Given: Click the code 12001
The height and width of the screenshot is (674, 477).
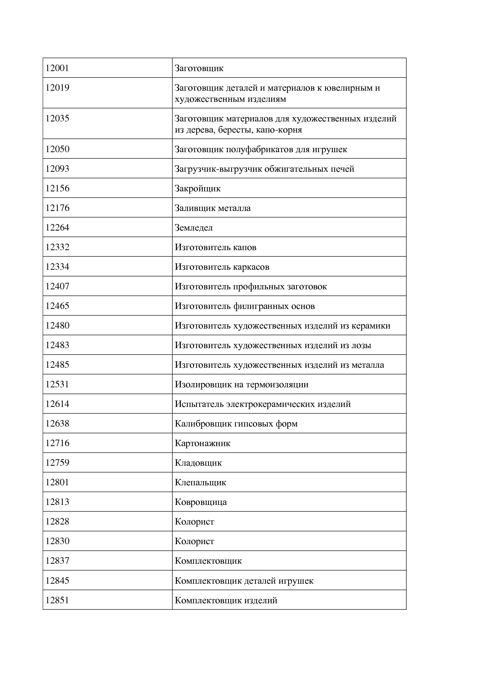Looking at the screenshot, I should coord(57,68).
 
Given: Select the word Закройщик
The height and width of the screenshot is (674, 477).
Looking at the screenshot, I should coord(197,189).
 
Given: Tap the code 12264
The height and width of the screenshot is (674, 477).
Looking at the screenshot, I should coord(57,228).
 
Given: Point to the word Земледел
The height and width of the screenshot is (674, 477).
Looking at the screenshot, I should coord(193,228).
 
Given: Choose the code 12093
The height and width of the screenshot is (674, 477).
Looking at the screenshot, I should coord(57,169).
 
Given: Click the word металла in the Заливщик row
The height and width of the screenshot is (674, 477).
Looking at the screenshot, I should coord(234,208).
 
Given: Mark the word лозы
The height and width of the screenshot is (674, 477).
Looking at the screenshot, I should coord(361,345).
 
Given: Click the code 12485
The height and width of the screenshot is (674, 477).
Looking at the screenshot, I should coord(57,365).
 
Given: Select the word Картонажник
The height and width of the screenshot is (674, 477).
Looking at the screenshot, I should coord(202,443).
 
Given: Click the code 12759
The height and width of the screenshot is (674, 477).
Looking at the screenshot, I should coord(57,463).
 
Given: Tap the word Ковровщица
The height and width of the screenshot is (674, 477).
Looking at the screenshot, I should coord(200,502).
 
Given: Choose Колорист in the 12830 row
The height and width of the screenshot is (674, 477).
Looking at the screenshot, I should coord(194,541).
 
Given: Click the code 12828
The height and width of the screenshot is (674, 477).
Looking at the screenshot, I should coord(57,522).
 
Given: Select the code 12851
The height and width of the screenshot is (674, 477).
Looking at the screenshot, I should coord(57,600).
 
